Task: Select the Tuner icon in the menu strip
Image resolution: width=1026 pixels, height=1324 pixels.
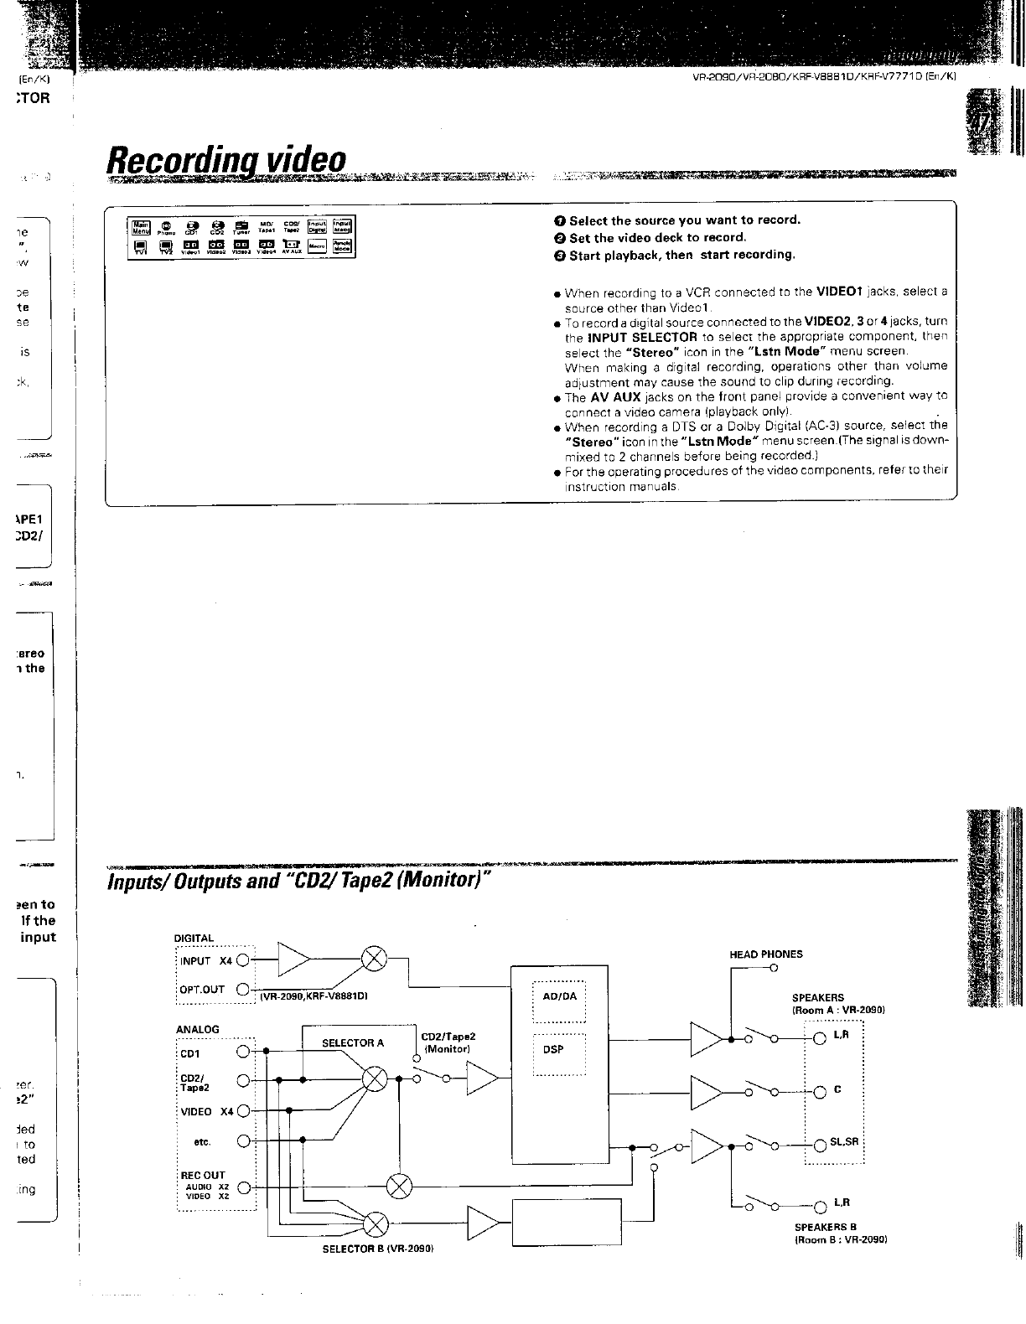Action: click(241, 227)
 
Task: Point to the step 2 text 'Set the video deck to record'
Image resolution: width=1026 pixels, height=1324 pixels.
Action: click(657, 237)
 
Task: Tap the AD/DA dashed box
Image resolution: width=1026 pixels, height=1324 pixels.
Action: click(559, 997)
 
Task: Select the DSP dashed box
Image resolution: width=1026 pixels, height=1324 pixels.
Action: click(559, 1049)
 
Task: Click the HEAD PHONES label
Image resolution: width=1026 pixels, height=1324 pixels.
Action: click(765, 954)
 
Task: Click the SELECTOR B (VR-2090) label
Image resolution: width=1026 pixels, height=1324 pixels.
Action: click(376, 1248)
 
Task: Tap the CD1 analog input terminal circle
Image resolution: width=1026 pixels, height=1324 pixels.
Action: click(243, 1051)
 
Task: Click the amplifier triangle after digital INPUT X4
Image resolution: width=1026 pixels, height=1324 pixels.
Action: click(294, 960)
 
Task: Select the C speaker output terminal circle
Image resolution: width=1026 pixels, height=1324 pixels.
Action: click(819, 1091)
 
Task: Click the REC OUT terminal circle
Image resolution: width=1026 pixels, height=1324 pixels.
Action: click(243, 1187)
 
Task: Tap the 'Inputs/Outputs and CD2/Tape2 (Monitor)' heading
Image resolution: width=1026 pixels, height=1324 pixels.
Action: click(298, 882)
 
